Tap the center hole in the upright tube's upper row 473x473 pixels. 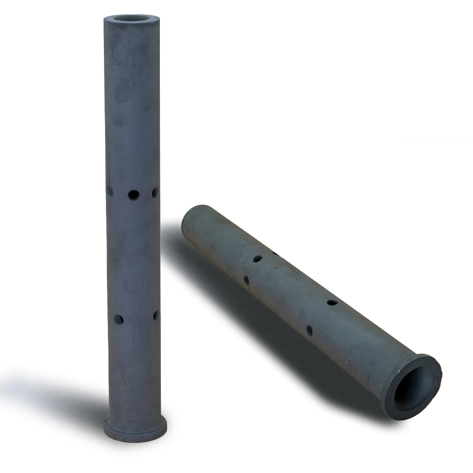pyautogui.click(x=133, y=194)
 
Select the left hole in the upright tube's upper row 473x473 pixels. pyautogui.click(x=110, y=192)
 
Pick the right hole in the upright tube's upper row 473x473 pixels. pyautogui.click(x=155, y=193)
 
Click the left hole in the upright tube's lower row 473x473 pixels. pyautogui.click(x=118, y=319)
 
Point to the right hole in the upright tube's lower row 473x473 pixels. pyautogui.click(x=156, y=315)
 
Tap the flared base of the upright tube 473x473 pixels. pyautogui.click(x=134, y=428)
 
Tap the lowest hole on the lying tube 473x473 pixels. pyautogui.click(x=309, y=330)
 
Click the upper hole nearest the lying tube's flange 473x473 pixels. pyautogui.click(x=332, y=302)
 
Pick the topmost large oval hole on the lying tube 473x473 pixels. pyautogui.click(x=257, y=259)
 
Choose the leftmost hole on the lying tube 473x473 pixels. pyautogui.click(x=246, y=280)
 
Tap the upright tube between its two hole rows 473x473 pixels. pyautogui.click(x=133, y=255)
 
